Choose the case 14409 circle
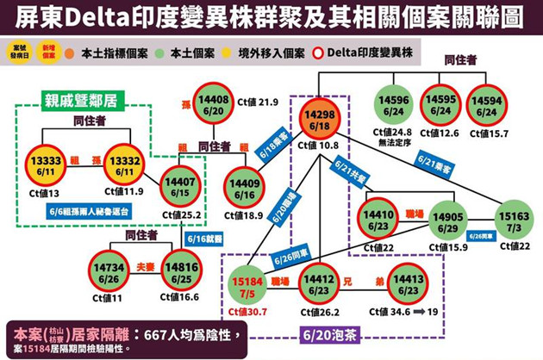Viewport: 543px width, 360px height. tap(247, 188)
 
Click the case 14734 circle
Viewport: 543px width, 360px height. tap(111, 267)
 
